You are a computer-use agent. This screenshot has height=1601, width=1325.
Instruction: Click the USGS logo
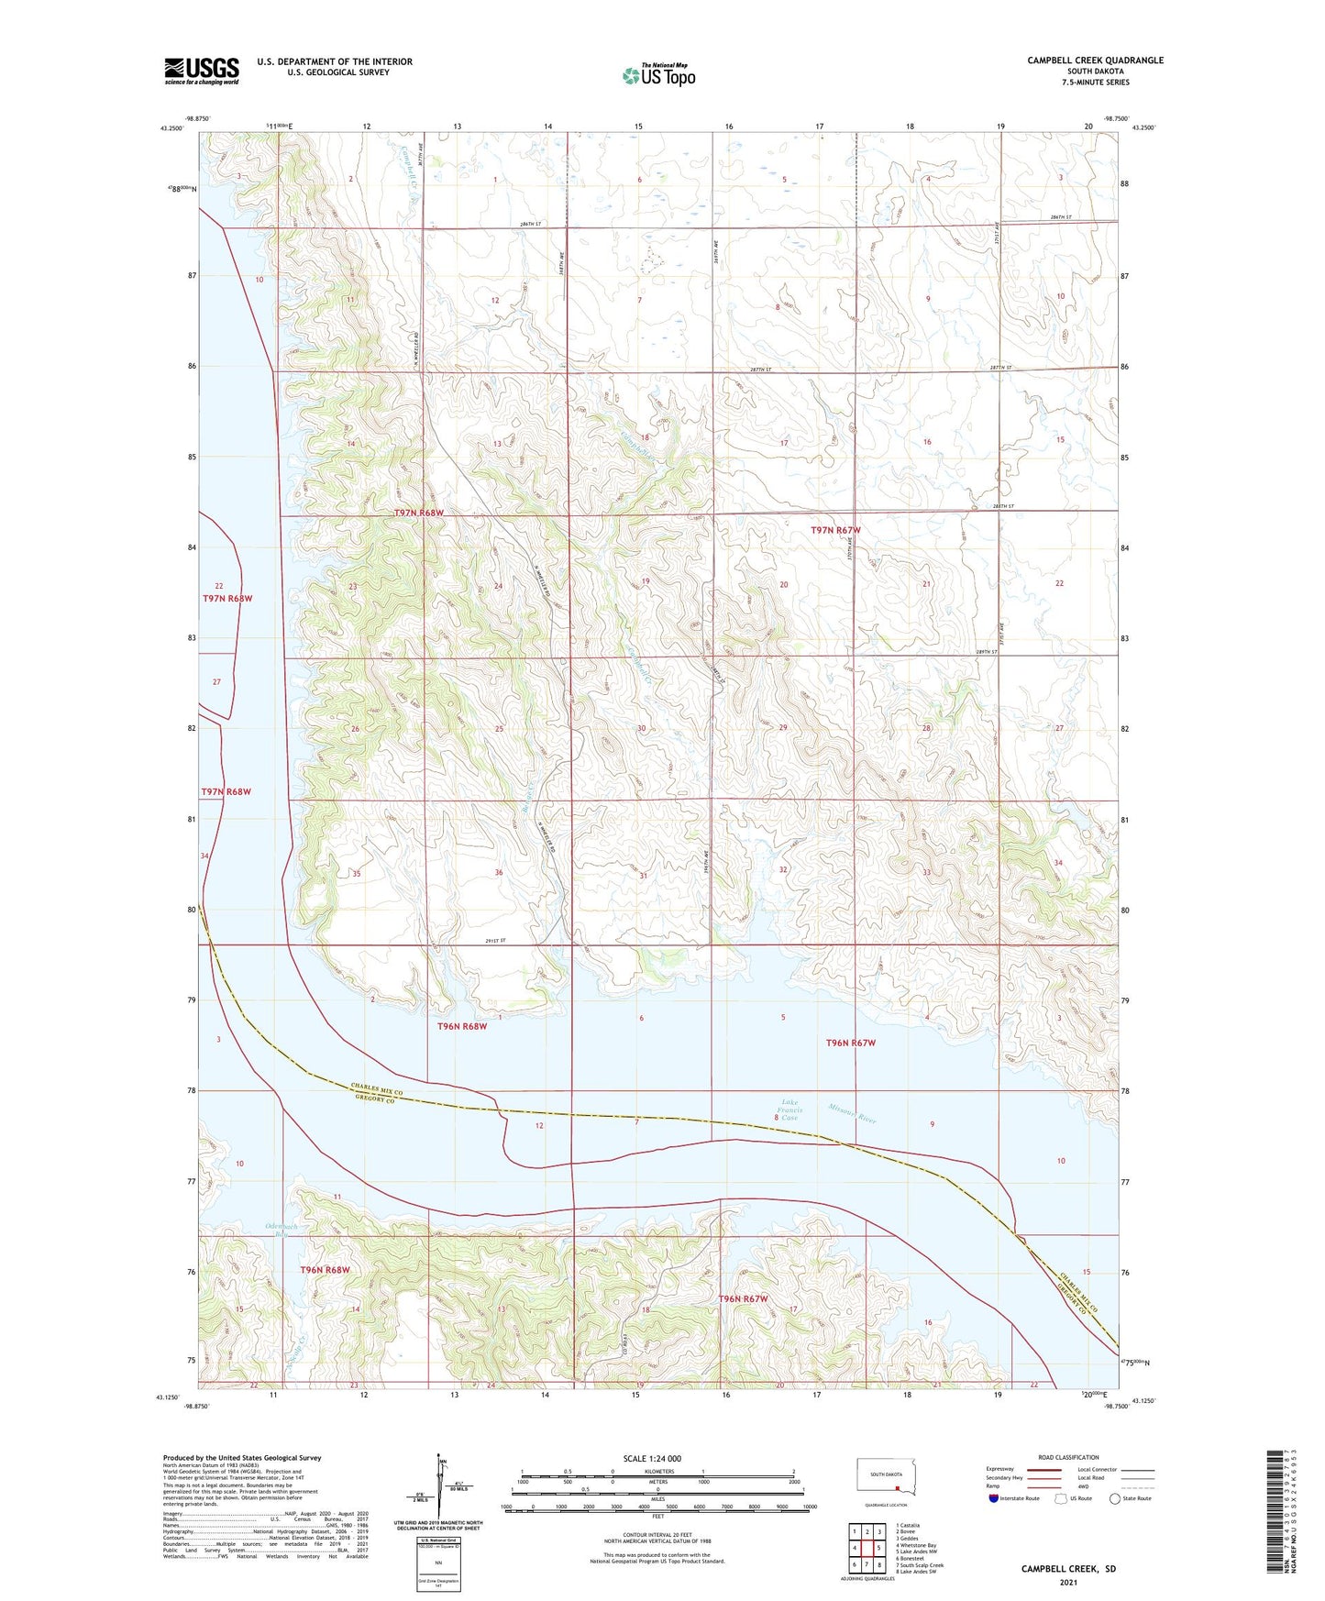[x=202, y=71]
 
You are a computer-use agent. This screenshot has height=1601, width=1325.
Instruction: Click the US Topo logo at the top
[x=658, y=75]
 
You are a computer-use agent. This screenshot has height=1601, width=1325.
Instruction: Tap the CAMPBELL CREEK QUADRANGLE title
[x=1095, y=61]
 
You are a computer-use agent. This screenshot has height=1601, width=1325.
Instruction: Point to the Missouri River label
[x=853, y=1113]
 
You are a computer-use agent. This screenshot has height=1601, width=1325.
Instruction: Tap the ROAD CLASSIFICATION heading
[x=1068, y=1457]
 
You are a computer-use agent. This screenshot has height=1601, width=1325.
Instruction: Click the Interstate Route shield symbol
[x=995, y=1498]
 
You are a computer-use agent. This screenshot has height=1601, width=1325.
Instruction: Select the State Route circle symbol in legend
[x=1114, y=1498]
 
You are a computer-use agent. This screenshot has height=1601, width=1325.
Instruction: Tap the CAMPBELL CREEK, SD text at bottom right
[x=1068, y=1569]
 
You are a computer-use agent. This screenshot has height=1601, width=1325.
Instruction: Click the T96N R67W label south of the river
[x=743, y=1299]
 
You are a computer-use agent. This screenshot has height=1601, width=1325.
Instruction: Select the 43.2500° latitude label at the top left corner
[x=168, y=129]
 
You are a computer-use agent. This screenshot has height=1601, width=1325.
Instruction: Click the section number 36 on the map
[x=499, y=872]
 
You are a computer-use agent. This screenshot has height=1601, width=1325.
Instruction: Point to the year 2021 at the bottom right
[x=1068, y=1582]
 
